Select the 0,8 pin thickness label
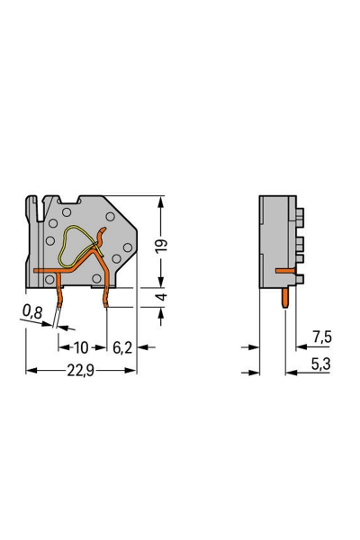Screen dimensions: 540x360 coord(31,313)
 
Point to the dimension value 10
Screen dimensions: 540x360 coord(82,346)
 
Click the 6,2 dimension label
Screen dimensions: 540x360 coord(122,346)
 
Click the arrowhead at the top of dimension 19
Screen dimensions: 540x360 coord(162,200)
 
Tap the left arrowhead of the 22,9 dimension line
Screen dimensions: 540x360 coord(30,370)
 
